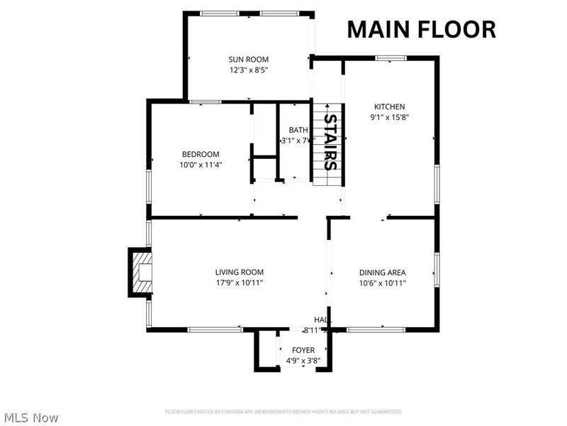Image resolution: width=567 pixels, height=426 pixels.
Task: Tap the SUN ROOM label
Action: [248, 60]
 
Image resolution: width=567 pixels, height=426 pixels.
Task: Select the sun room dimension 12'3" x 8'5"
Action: [248, 70]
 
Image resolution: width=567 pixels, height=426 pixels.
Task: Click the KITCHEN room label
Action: [389, 106]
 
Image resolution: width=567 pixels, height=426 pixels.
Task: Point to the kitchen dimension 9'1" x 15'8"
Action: [389, 117]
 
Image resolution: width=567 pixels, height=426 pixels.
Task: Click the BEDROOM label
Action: [201, 154]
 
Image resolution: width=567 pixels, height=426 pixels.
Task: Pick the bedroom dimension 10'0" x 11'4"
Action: [201, 165]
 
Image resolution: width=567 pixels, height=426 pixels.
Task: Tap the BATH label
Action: [297, 130]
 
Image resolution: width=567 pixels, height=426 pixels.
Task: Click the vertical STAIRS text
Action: [330, 142]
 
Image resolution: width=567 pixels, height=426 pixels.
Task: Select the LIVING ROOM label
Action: [240, 272]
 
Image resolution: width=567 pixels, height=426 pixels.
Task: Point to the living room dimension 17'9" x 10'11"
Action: [240, 283]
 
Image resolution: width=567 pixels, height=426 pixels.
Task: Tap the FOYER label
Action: [303, 350]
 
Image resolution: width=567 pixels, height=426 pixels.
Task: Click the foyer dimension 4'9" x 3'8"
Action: [303, 361]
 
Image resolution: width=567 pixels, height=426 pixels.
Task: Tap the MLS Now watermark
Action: [30, 417]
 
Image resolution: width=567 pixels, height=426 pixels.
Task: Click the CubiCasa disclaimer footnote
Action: [283, 412]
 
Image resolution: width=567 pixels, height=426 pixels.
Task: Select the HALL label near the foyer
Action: [322, 320]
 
